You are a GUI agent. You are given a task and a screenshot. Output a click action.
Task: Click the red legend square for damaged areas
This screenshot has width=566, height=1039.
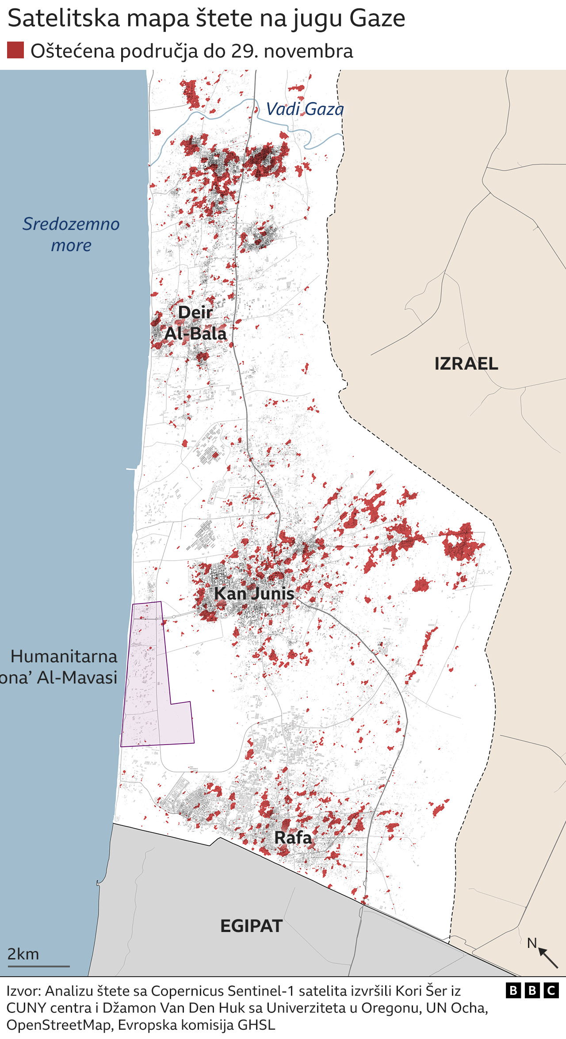(x=15, y=50)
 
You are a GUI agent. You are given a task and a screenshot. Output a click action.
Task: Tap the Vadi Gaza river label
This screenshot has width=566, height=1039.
(x=305, y=109)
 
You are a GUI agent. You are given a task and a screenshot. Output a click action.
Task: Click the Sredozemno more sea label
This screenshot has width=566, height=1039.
(x=71, y=234)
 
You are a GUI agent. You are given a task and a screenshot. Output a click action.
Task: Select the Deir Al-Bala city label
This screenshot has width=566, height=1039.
(x=195, y=323)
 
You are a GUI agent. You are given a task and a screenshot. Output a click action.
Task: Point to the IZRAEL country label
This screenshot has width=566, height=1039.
(x=466, y=364)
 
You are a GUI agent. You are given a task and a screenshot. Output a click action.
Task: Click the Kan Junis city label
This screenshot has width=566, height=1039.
(x=254, y=593)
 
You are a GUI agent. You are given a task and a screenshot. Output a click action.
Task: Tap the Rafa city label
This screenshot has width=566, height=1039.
(x=293, y=837)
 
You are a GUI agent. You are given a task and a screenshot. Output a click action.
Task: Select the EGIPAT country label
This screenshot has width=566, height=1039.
(x=251, y=926)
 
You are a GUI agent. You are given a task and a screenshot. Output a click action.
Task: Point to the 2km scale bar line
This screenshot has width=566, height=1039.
(x=38, y=966)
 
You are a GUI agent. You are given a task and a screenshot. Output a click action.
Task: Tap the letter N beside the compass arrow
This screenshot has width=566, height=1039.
(x=532, y=943)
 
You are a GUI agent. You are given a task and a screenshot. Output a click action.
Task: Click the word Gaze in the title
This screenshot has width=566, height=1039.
(x=377, y=19)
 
